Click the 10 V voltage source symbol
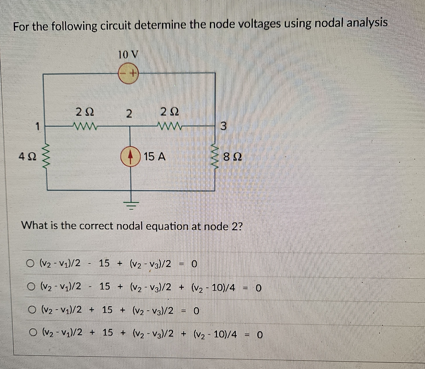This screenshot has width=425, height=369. [128, 73]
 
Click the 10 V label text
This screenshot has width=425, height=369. [128, 54]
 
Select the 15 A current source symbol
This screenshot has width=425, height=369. [130, 157]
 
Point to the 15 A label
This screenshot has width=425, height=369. [154, 157]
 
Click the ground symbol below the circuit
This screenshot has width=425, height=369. [132, 204]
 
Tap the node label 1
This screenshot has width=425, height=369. [38, 127]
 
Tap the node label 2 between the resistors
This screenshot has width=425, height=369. [129, 113]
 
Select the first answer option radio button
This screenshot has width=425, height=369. [31, 264]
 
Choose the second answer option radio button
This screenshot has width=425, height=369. [31, 287]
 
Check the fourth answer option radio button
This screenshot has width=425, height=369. [33, 332]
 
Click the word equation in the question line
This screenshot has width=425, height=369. [165, 226]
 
